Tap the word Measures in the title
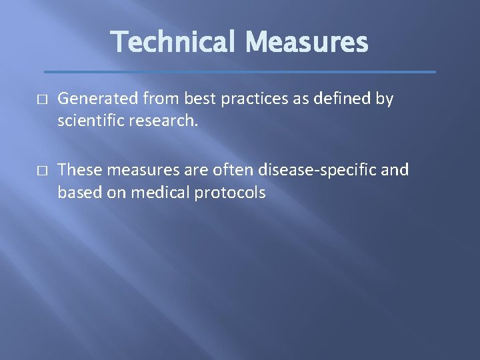[x=306, y=43]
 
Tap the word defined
[x=336, y=99]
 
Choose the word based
[x=78, y=193]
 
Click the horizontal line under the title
[x=240, y=71]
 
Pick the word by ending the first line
[x=385, y=99]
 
